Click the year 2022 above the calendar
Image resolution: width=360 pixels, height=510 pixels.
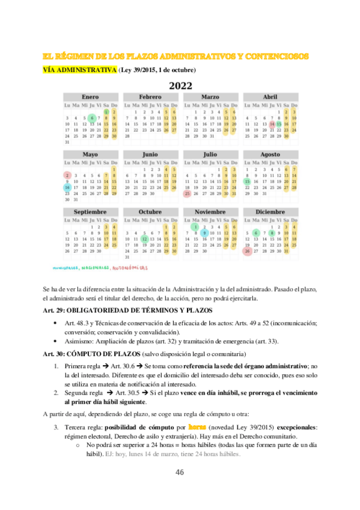tap(180, 85)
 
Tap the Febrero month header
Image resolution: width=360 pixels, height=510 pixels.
tap(150, 97)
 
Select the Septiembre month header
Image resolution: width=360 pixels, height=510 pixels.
tap(90, 212)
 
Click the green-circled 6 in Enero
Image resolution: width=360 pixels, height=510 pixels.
tap(91, 117)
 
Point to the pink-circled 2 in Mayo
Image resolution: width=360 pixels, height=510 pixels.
tap(67, 175)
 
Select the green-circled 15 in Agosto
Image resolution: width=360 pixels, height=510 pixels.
tap(247, 181)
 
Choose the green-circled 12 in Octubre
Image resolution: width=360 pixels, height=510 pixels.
tap(144, 239)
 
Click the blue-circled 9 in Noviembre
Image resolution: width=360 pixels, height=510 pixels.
tap(205, 233)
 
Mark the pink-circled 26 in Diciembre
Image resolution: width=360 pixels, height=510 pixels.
tap(247, 251)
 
